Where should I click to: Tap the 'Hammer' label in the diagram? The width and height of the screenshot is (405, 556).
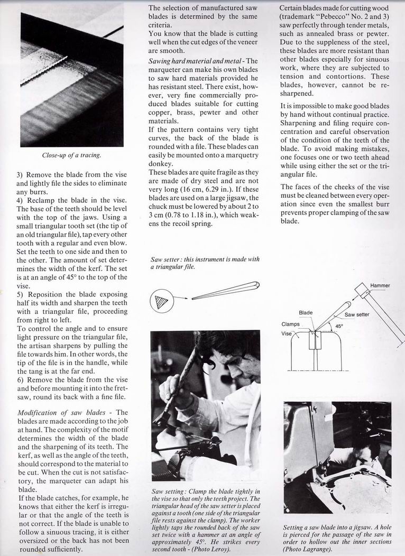point(380,285)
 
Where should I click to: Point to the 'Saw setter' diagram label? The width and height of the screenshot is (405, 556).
point(357,314)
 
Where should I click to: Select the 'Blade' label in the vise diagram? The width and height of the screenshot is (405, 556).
point(306,313)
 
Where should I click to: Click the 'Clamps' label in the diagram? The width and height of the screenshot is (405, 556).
point(290,324)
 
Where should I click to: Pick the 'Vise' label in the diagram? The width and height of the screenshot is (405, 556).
point(286,333)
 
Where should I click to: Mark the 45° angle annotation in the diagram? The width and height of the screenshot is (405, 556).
point(339,326)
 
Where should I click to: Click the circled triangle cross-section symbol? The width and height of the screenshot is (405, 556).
point(161,301)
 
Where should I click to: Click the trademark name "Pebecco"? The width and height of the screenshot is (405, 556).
point(331,17)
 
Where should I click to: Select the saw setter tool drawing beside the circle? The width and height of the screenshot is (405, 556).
point(225,291)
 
